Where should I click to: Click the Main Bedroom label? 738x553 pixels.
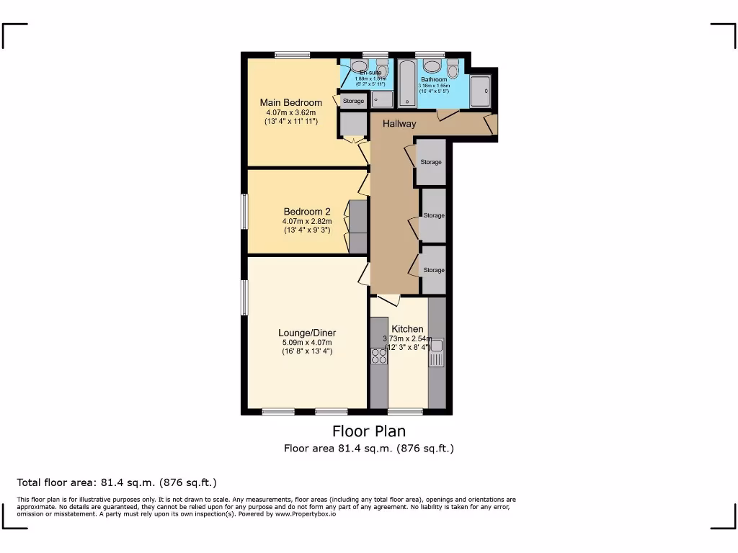(290, 102)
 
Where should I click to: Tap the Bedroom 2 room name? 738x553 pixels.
(306, 211)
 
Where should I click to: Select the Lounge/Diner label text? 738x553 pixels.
(307, 333)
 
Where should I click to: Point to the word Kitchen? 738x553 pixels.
(407, 329)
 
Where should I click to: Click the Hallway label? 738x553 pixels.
(399, 124)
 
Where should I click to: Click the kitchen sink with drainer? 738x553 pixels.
(436, 351)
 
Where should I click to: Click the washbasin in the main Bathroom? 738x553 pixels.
(479, 90)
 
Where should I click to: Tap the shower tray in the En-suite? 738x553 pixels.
(383, 99)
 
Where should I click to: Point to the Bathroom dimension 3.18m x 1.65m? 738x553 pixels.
(434, 86)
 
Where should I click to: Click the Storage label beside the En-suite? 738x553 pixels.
(353, 101)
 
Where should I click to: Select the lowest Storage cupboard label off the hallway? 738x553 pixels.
(434, 270)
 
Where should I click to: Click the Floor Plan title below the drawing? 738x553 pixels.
(368, 431)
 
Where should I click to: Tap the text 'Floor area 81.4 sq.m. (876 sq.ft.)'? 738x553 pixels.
(368, 449)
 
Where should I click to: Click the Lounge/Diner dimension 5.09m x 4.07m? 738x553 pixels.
(307, 342)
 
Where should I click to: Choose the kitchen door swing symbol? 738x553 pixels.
(388, 300)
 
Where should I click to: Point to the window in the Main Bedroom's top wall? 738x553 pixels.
(292, 55)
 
